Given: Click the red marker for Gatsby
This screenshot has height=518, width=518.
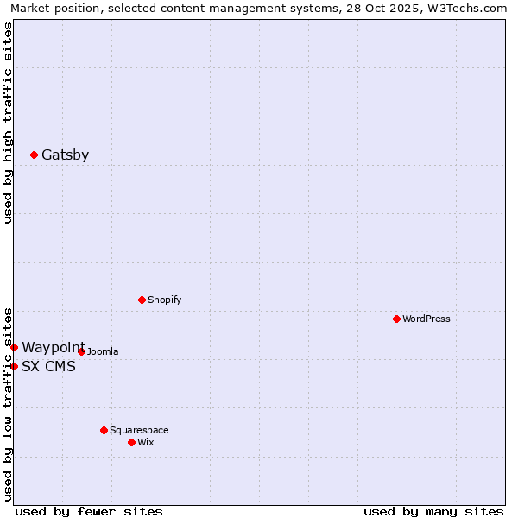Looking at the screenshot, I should [34, 155].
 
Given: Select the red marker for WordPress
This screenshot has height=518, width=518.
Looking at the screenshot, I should [396, 319].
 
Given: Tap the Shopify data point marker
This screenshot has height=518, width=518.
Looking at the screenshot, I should [142, 300].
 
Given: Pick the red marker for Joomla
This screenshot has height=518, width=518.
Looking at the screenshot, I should [81, 351].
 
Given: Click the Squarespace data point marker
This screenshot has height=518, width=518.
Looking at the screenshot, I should [104, 430].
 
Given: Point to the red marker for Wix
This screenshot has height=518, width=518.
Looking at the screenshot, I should [131, 442].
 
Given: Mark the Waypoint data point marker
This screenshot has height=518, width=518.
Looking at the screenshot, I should [14, 347].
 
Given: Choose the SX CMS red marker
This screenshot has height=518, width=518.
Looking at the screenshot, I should [14, 366].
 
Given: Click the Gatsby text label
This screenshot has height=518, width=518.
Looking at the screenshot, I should [65, 155].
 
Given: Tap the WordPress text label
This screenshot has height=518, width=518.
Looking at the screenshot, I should [426, 319].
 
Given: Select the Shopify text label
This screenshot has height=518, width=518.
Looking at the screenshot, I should [164, 300].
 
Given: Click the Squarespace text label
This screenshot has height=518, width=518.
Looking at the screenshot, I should [139, 430].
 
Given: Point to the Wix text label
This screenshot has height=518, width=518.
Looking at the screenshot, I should [145, 442].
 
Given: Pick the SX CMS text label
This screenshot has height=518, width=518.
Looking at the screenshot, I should [48, 366].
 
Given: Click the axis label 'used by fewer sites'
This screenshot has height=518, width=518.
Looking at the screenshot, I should [89, 511].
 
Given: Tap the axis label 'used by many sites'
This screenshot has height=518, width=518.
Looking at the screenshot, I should [433, 511].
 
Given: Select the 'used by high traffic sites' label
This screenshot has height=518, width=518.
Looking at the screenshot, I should [8, 123].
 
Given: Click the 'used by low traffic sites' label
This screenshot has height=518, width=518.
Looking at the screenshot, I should [8, 403].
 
